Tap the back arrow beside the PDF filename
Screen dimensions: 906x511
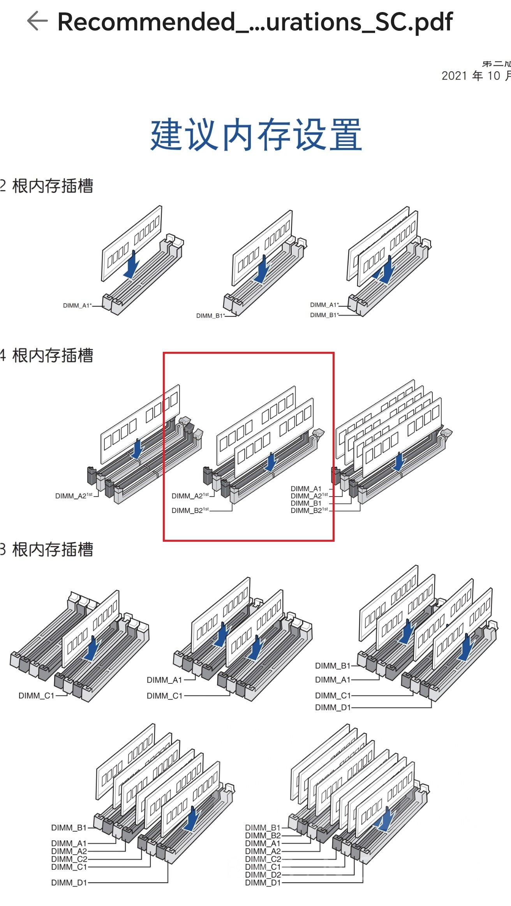coord(37,21)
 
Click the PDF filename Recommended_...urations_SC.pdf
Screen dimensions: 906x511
coord(255,22)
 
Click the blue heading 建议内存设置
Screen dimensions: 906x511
coord(256,135)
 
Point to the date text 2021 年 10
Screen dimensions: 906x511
coord(471,75)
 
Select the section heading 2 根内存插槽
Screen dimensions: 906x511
coord(47,186)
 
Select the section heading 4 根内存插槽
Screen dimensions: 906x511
coord(47,356)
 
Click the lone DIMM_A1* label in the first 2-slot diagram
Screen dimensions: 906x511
coord(77,306)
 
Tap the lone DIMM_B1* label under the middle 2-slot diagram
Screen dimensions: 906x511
coord(210,316)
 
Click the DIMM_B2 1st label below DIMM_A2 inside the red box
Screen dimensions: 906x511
coord(190,510)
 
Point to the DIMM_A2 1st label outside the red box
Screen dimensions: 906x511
coord(74,496)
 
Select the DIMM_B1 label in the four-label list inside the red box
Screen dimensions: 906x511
coord(306,503)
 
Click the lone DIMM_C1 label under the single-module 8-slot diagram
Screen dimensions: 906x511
coord(36,695)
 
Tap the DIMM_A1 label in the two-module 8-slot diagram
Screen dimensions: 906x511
coord(164,680)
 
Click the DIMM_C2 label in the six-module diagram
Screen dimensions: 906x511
coord(69,859)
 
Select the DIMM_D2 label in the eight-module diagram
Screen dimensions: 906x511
coord(263,875)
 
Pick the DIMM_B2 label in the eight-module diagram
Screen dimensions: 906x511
coord(263,836)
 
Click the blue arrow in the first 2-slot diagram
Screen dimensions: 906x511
coord(132,265)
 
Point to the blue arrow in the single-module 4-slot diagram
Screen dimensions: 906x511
coord(137,449)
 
